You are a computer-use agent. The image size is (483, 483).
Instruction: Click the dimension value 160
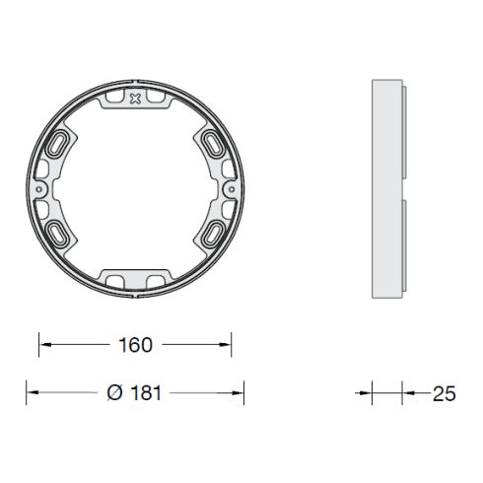pos(135,345)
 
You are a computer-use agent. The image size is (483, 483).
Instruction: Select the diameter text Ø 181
pos(134,392)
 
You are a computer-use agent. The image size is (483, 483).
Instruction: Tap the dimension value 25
pos(445,393)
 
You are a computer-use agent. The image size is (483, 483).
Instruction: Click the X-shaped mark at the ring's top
pos(135,99)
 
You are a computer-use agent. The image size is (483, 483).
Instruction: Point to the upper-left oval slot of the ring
pos(57,144)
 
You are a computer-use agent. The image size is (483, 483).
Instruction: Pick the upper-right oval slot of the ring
pos(213,144)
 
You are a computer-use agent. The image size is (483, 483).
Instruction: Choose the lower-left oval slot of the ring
pos(57,234)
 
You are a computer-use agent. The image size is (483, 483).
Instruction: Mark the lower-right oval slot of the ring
pos(213,234)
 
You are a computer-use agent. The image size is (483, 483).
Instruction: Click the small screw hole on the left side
pos(39,189)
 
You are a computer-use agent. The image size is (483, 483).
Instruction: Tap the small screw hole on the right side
pos(232,189)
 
